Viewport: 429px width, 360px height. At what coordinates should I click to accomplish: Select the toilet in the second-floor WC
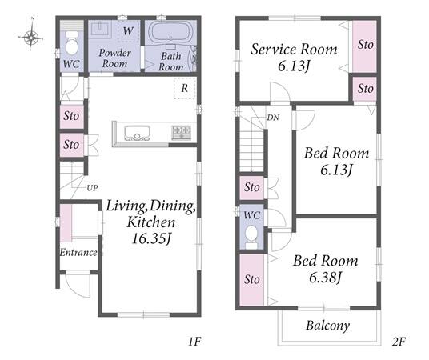click(251, 235)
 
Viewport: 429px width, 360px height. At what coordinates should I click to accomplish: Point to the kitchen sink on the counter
click(137, 133)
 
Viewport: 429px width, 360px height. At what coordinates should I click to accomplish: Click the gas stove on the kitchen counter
click(181, 133)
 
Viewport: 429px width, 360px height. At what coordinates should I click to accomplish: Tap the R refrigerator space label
click(185, 88)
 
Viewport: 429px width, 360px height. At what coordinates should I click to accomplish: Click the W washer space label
click(128, 31)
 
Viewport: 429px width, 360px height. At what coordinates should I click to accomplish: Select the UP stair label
click(92, 188)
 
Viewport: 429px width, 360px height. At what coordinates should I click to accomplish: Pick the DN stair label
click(273, 118)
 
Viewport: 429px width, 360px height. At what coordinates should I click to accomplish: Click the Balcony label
click(328, 326)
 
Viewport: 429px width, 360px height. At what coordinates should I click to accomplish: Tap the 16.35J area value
click(151, 238)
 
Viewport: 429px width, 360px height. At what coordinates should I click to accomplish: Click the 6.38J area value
click(325, 278)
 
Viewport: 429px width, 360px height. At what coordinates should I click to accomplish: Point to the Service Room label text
click(294, 50)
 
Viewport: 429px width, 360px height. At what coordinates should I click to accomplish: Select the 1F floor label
click(194, 342)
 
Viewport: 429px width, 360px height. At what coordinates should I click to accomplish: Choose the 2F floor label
click(399, 342)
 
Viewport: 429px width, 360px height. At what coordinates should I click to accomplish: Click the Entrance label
click(78, 252)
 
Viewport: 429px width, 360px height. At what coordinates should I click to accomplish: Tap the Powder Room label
click(114, 58)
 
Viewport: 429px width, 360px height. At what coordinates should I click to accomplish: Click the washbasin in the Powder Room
click(100, 28)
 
